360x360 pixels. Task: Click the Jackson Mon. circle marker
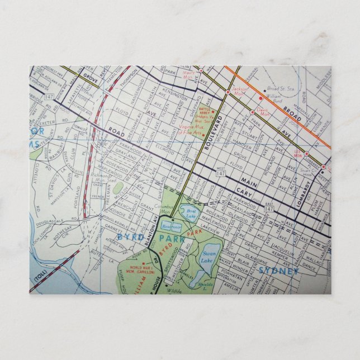click(228, 92)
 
